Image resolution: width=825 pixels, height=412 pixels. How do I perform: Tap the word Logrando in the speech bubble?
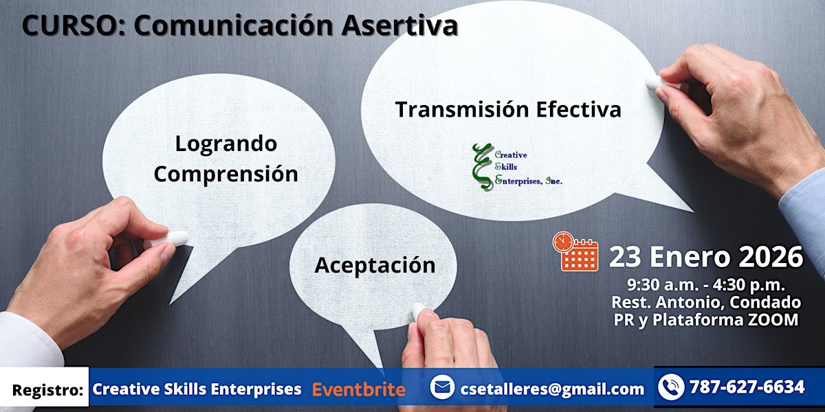pyautogui.click(x=226, y=144)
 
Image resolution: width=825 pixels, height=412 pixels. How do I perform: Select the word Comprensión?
pyautogui.click(x=225, y=174)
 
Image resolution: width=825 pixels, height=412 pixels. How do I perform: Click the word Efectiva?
pyautogui.click(x=579, y=109)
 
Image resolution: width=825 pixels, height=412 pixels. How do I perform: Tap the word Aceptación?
pyautogui.click(x=375, y=265)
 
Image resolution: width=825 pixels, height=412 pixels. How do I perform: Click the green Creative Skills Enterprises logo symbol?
pyautogui.click(x=483, y=167)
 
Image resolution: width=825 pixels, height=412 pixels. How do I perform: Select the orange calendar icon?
pyautogui.click(x=575, y=251)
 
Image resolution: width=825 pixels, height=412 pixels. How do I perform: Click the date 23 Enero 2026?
pyautogui.click(x=705, y=257)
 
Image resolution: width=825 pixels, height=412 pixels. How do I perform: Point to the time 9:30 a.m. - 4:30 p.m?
pyautogui.click(x=706, y=285)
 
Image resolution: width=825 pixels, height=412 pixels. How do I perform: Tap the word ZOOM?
pyautogui.click(x=773, y=319)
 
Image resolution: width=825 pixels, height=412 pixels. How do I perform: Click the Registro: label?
pyautogui.click(x=47, y=390)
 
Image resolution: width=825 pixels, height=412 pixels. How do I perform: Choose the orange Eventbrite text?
pyautogui.click(x=359, y=389)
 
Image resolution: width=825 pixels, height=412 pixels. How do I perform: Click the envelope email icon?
pyautogui.click(x=442, y=387)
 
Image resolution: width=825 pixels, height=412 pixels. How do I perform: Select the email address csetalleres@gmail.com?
pyautogui.click(x=552, y=389)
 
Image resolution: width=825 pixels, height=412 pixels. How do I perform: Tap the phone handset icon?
pyautogui.click(x=671, y=387)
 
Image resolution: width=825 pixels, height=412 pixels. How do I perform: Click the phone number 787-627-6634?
pyautogui.click(x=747, y=387)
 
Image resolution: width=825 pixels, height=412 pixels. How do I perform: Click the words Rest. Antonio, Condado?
pyautogui.click(x=706, y=302)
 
